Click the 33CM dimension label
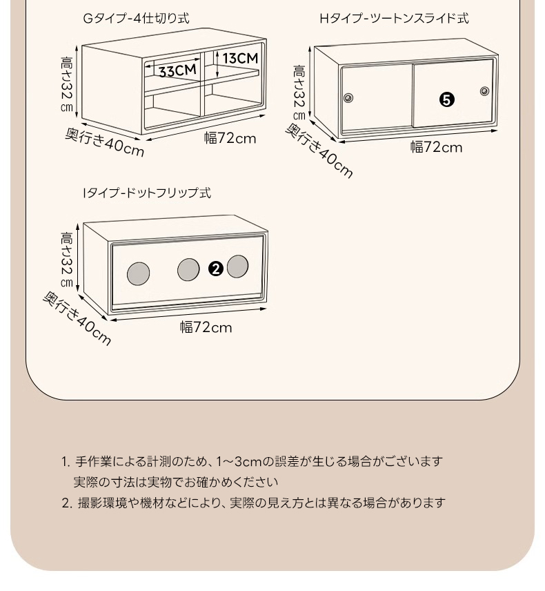[x=177, y=70]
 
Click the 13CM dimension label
[x=240, y=58]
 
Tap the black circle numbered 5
[x=447, y=100]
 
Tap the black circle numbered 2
[x=215, y=269]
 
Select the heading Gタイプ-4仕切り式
[x=136, y=19]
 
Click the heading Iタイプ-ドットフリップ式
[x=146, y=193]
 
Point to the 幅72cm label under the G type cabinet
[x=230, y=138]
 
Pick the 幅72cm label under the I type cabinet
[x=206, y=327]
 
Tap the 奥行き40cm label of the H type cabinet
[x=319, y=151]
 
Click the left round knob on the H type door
[x=349, y=97]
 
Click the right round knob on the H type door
[x=484, y=91]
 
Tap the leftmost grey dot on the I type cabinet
[x=139, y=273]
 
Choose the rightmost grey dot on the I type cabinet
[x=237, y=267]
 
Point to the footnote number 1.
[x=66, y=461]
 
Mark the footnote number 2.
[x=66, y=503]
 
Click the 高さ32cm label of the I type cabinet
[x=67, y=260]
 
